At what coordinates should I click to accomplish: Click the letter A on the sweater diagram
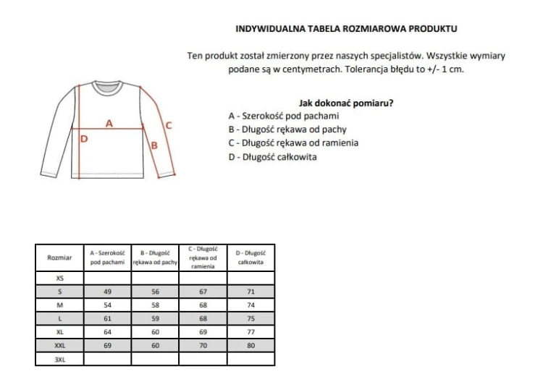[109, 122]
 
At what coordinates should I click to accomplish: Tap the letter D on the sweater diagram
[83, 140]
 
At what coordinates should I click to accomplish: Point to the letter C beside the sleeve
[169, 124]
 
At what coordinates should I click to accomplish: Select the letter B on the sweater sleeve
[153, 145]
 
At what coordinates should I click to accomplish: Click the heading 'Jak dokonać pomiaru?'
[346, 103]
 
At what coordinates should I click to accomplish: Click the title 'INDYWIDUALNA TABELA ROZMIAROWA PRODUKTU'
[347, 30]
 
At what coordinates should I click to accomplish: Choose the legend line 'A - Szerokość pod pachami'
[283, 116]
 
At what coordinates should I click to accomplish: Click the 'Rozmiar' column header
[59, 257]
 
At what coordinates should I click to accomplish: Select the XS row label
[59, 277]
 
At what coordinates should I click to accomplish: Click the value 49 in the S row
[107, 291]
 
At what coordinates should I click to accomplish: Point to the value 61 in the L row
[107, 318]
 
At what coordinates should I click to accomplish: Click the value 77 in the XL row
[251, 331]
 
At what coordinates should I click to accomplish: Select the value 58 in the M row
[155, 305]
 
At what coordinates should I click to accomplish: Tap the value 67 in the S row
[203, 291]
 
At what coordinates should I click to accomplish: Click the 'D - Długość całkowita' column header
[251, 257]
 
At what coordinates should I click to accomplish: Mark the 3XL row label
[59, 359]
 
